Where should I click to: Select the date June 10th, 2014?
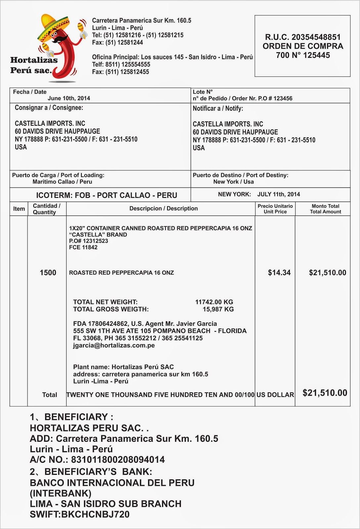click(x=69, y=98)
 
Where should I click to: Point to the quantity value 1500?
click(x=48, y=272)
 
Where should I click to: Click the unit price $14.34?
click(x=279, y=272)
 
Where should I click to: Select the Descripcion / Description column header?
click(x=163, y=208)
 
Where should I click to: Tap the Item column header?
click(x=19, y=209)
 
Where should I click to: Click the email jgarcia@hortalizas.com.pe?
click(x=114, y=345)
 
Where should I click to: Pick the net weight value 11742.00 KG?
click(x=214, y=302)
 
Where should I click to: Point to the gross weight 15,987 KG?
click(x=218, y=309)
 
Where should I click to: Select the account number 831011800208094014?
click(x=118, y=460)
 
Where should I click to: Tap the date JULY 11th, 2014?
click(x=279, y=194)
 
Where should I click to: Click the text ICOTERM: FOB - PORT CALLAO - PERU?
click(x=107, y=195)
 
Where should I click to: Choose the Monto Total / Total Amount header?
click(x=325, y=209)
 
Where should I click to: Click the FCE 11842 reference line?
click(x=83, y=247)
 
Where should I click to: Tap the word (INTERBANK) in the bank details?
click(x=61, y=493)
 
